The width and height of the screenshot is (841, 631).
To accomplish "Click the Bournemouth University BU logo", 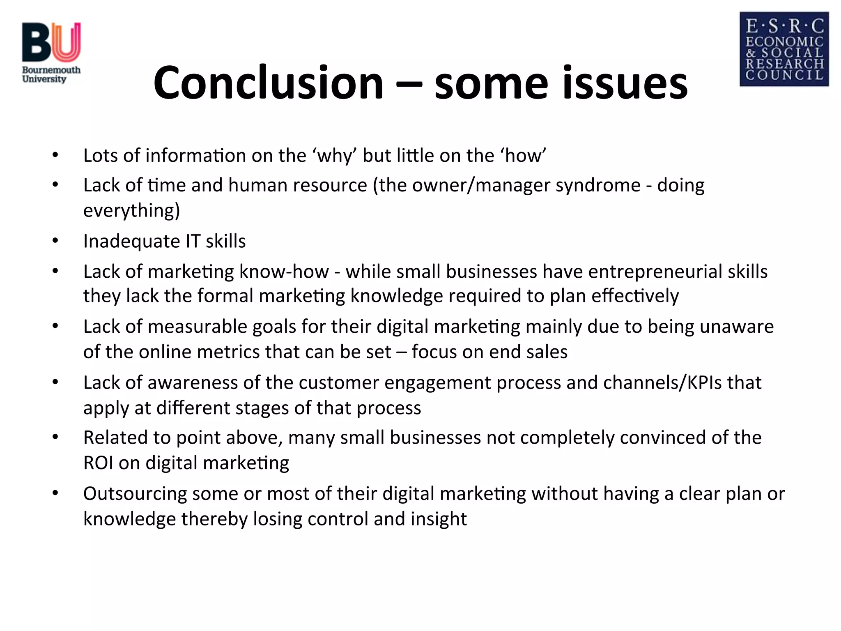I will (x=51, y=52).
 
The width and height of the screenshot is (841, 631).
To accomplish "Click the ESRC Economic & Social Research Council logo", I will (x=784, y=49).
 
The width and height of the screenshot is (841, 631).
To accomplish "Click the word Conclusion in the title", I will (x=268, y=83).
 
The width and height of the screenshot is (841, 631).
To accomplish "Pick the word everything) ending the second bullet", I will (x=131, y=211).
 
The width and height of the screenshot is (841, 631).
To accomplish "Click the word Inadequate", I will (x=131, y=241).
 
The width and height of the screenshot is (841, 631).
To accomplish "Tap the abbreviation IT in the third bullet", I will (x=193, y=241).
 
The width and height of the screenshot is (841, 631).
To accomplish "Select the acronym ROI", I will (x=98, y=463).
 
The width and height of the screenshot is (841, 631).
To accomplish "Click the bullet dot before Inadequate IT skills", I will (x=55, y=241).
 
